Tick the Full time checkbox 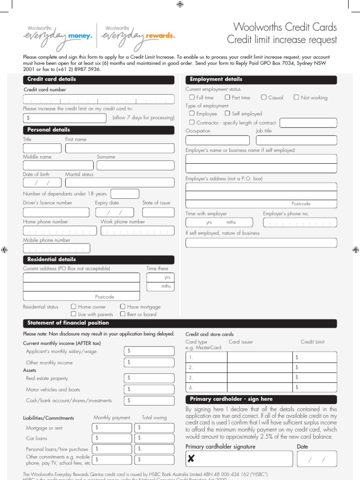tap(192, 97)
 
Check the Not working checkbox tap(296, 97)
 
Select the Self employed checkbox tap(227, 113)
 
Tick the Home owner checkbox tap(73, 307)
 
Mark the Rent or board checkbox tap(122, 314)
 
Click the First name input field tap(120, 149)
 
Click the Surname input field tap(135, 165)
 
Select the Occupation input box tap(217, 140)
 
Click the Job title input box tap(296, 140)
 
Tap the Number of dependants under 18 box tap(125, 194)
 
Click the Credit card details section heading tap(52, 79)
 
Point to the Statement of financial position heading tap(68, 323)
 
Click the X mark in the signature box tap(191, 459)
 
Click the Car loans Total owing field tap(154, 438)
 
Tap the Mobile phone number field tap(56, 249)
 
